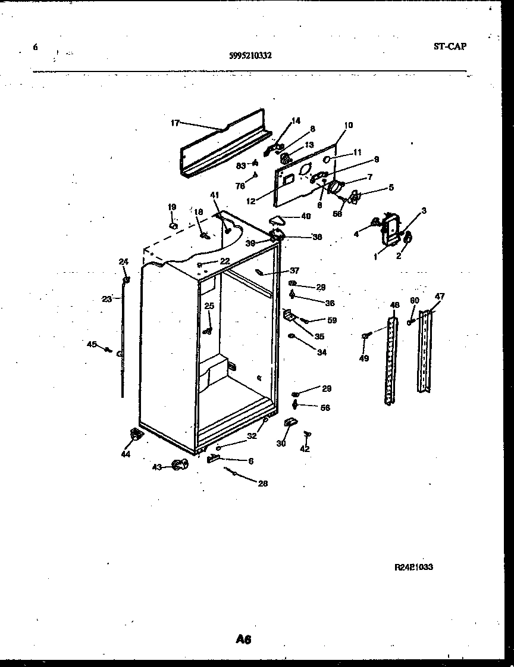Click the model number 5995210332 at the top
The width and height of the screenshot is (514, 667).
[250, 55]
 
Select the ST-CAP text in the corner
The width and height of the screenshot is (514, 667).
[450, 46]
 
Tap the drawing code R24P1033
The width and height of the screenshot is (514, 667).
[413, 568]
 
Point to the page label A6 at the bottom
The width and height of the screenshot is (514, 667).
[243, 639]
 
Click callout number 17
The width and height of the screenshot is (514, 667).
[175, 123]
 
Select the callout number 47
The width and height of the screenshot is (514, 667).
[440, 296]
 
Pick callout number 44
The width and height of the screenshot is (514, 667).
[126, 454]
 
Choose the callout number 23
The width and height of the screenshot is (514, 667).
[106, 299]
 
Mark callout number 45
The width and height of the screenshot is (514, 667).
[91, 344]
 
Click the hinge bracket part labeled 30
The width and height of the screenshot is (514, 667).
[290, 423]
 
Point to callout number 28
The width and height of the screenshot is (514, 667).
[262, 484]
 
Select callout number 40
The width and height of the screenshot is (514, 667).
[305, 216]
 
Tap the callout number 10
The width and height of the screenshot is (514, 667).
[348, 125]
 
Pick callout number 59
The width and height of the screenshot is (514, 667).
[332, 320]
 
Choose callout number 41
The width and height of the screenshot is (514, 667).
[214, 195]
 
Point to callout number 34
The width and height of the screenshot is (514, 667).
[322, 353]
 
